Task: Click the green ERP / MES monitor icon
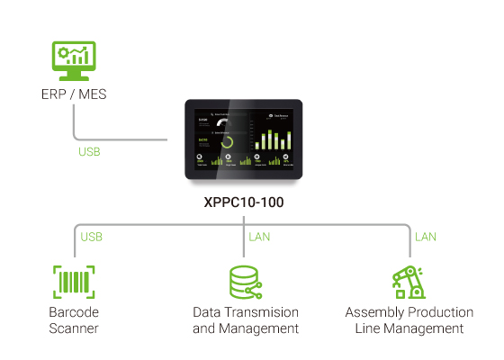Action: click(x=73, y=60)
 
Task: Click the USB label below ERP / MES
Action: click(x=90, y=152)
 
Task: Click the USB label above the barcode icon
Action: click(x=92, y=238)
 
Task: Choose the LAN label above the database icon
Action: click(x=258, y=238)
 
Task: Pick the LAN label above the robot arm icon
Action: click(x=425, y=238)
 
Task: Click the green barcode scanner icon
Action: click(x=74, y=282)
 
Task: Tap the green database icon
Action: click(x=245, y=282)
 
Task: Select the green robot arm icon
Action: click(x=409, y=282)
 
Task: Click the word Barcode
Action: click(x=74, y=312)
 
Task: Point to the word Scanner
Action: click(x=74, y=328)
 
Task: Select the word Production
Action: click(x=441, y=312)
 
